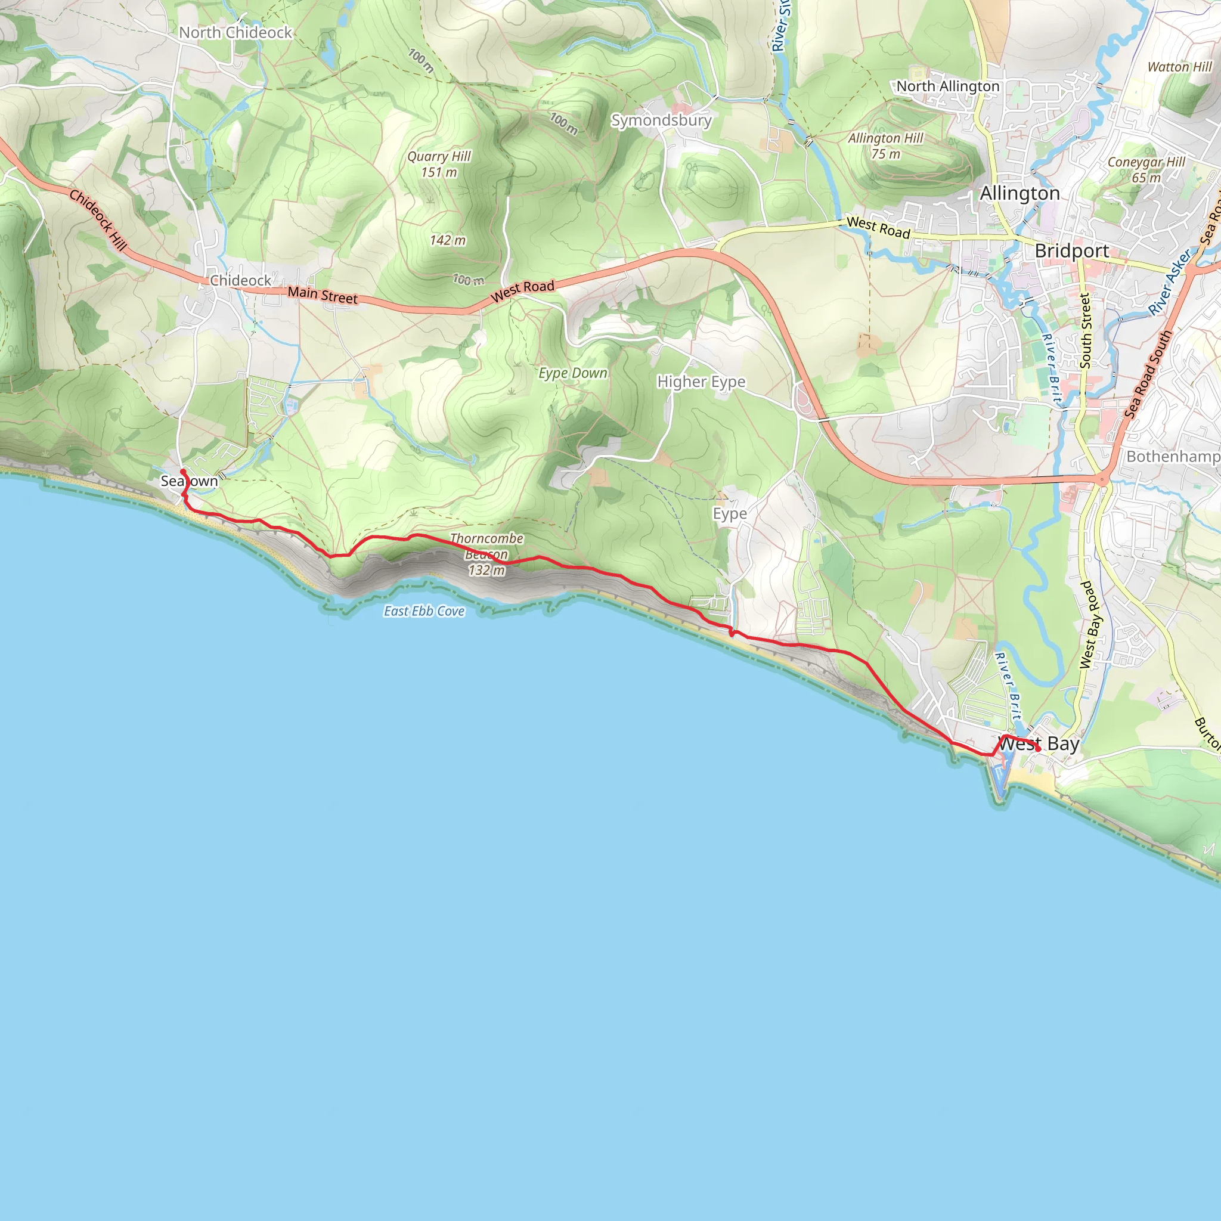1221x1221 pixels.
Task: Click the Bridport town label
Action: click(1071, 251)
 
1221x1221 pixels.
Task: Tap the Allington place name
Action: click(1019, 193)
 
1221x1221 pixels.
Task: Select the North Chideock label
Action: click(235, 32)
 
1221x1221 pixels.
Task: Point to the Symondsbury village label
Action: click(661, 120)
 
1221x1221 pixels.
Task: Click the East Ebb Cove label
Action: click(424, 611)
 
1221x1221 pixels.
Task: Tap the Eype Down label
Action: click(572, 373)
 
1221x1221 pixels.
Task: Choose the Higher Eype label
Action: click(701, 382)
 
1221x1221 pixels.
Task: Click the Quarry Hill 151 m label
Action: click(439, 165)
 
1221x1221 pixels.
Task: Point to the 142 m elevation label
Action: click(448, 241)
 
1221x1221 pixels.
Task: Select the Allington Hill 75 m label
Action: click(885, 146)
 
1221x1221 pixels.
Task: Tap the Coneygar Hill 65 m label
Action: click(1146, 169)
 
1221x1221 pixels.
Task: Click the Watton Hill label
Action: click(1179, 67)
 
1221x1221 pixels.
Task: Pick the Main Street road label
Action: click(323, 295)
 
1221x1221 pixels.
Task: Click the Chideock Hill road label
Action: click(98, 219)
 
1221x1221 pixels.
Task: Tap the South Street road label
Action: click(1086, 330)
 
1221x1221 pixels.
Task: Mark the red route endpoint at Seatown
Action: click(183, 472)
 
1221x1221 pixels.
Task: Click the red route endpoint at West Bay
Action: click(1038, 749)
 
